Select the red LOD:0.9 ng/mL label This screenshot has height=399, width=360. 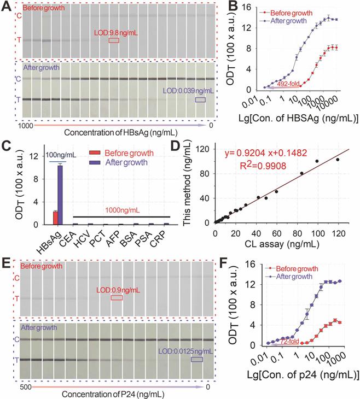click(x=116, y=290)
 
